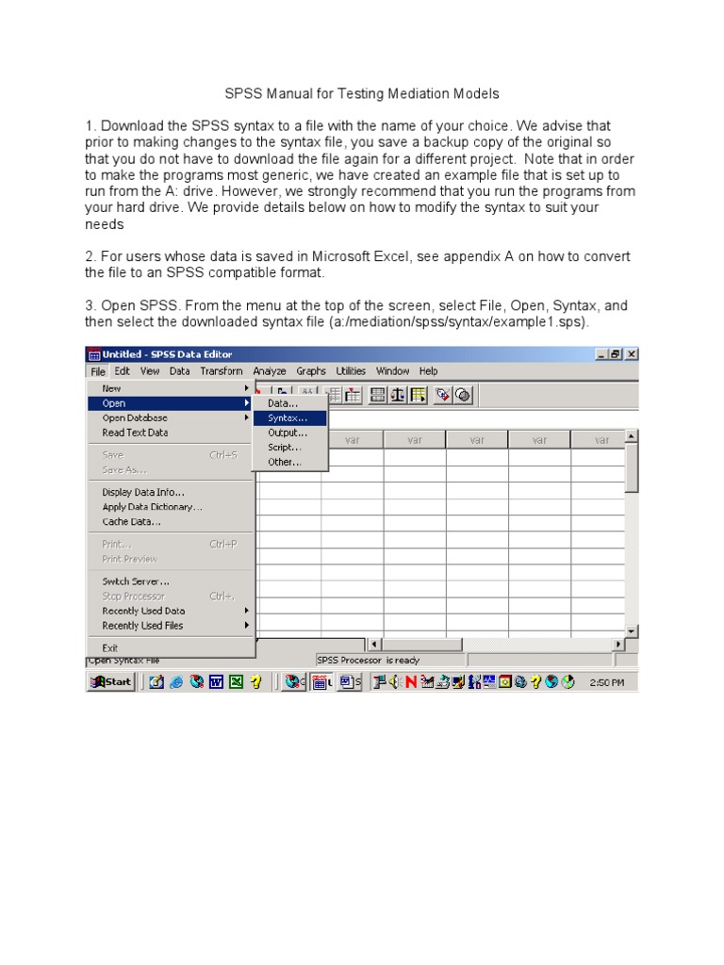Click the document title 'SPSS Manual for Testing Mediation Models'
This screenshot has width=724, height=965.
coord(361,94)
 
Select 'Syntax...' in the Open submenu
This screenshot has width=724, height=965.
coord(287,417)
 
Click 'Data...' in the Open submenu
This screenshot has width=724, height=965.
coord(283,402)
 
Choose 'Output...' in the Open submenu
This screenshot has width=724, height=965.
coord(288,433)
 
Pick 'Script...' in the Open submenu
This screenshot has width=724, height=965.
coord(285,448)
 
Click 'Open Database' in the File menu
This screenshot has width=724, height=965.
coord(135,417)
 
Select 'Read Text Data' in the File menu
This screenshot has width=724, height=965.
coord(135,433)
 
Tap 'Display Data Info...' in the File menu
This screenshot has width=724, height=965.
coord(143,492)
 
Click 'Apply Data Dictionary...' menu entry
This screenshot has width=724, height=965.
coord(152,507)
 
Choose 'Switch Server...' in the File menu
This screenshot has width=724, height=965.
coord(136,581)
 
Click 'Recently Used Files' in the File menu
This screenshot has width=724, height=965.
coord(142,626)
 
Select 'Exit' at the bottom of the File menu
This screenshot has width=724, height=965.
coord(110,647)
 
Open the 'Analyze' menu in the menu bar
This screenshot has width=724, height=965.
coord(270,371)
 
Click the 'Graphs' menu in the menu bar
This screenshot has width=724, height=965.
coord(311,371)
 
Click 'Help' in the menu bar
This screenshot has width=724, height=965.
coord(429,371)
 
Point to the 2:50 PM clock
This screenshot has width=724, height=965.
coord(606,682)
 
